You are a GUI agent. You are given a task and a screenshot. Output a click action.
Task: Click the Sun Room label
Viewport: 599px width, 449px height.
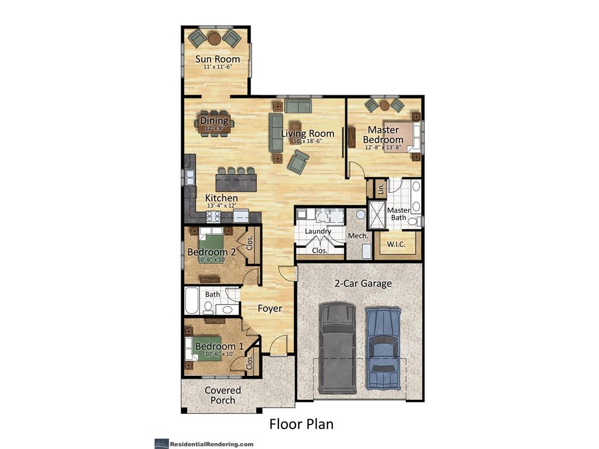click(218, 59)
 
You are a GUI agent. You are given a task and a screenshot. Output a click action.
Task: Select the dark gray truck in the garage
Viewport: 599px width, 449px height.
click(338, 348)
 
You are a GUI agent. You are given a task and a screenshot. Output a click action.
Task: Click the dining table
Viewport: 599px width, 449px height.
click(214, 123)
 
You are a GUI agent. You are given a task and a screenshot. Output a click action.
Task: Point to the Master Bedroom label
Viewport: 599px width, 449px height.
click(383, 135)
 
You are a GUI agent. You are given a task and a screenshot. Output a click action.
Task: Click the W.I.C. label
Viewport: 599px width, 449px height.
click(397, 244)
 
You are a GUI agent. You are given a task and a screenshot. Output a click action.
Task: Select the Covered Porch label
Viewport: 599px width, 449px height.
click(222, 395)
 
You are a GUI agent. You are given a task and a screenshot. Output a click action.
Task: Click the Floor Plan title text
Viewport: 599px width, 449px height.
click(301, 423)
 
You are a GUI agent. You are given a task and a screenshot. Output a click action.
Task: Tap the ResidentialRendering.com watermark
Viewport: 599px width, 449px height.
click(204, 444)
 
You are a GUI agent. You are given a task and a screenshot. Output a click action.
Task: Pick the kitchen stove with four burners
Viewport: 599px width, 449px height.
click(214, 216)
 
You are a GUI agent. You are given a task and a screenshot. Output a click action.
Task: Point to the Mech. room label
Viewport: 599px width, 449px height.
click(357, 236)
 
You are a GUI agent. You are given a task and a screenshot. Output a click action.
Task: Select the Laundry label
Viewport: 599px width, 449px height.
click(318, 232)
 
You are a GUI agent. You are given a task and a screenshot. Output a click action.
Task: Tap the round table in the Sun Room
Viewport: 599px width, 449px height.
click(215, 39)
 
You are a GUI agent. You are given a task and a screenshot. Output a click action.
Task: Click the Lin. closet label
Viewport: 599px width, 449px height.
click(381, 189)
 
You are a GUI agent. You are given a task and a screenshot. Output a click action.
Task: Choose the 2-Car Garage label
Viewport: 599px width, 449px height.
click(363, 284)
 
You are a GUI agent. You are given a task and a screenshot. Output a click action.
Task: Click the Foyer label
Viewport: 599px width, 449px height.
click(270, 308)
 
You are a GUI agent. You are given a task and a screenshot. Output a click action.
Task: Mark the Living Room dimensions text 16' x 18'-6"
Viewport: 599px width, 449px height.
click(307, 141)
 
